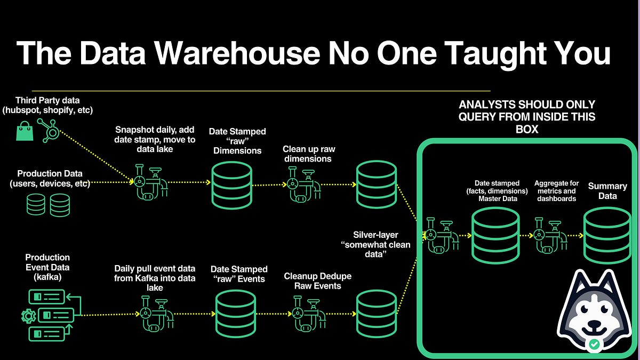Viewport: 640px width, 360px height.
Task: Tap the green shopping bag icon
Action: [x=25, y=131]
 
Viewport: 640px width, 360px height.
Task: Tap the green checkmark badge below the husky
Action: [x=594, y=345]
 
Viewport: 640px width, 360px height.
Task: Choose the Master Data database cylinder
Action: [x=495, y=235]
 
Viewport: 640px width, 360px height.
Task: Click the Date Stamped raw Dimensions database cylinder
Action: [x=232, y=184]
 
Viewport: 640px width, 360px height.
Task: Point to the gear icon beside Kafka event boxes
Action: [x=28, y=316]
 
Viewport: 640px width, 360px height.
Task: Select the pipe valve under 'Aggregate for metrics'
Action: [x=550, y=235]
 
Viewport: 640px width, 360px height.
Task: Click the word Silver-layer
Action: [x=375, y=235]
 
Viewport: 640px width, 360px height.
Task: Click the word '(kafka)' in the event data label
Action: [x=47, y=277]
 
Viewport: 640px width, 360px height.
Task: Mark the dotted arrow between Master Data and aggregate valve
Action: [x=527, y=235]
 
